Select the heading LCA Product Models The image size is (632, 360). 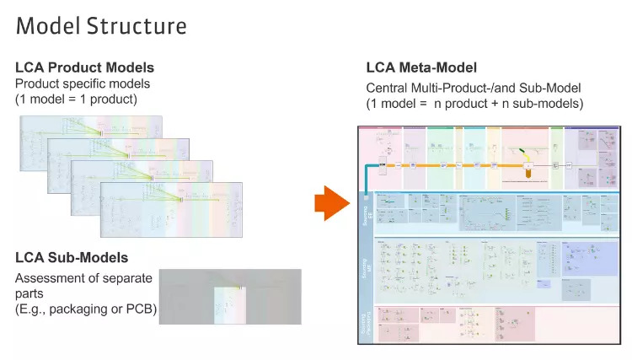click(85, 67)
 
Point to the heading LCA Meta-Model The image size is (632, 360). click(421, 67)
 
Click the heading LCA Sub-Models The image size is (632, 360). click(72, 257)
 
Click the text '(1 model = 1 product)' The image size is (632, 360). click(76, 99)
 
